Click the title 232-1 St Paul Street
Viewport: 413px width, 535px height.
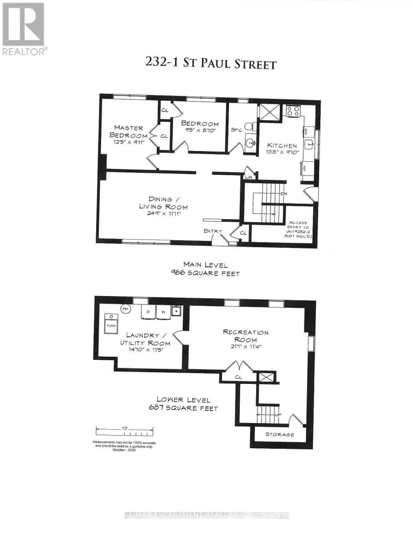click(211, 63)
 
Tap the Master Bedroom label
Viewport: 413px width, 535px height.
click(129, 132)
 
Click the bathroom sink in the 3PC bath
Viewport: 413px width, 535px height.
click(250, 143)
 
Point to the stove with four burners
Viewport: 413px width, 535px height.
click(293, 111)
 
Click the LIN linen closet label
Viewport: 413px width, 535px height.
click(248, 177)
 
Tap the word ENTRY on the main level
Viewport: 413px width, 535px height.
click(213, 231)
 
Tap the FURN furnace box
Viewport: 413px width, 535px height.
click(110, 326)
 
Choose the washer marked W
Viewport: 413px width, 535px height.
click(163, 312)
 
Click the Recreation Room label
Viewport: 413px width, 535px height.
click(246, 336)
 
